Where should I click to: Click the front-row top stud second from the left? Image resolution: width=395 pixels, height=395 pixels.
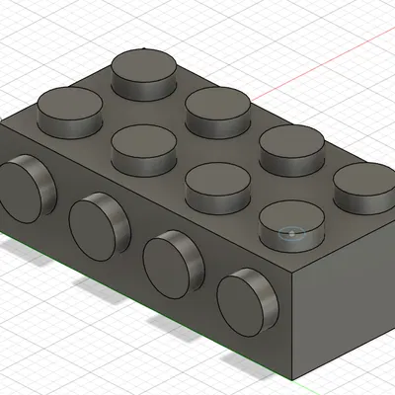pyautogui.click(x=144, y=148)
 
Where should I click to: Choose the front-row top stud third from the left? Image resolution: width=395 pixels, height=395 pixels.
pyautogui.click(x=217, y=185)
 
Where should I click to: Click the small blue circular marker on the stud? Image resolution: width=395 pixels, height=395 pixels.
pyautogui.click(x=290, y=233)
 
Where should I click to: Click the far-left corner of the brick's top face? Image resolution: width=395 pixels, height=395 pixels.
pyautogui.click(x=4, y=124)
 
